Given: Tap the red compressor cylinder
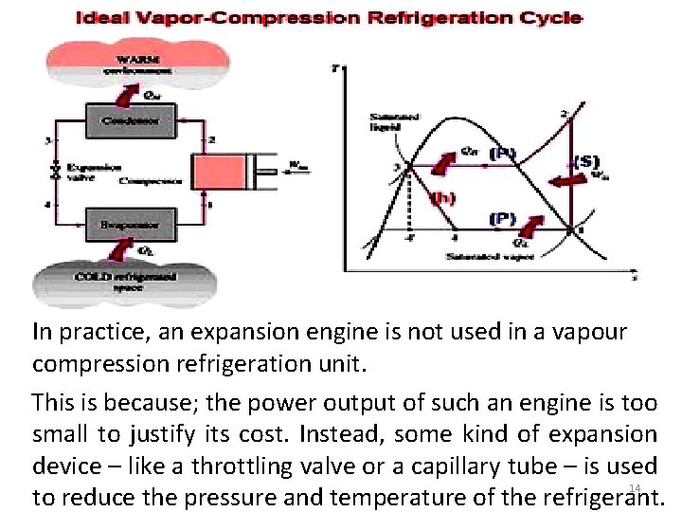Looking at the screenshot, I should (x=222, y=173).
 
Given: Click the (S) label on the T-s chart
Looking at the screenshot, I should (x=587, y=161).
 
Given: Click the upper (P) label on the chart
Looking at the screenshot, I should (x=503, y=151).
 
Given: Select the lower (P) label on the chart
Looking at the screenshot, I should (x=502, y=219).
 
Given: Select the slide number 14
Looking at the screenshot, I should (x=636, y=487).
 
